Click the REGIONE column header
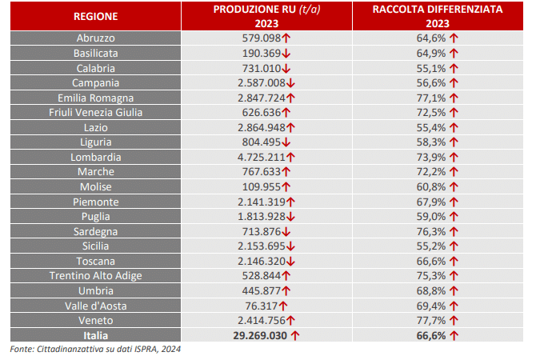click(95, 16)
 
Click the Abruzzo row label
click(95, 38)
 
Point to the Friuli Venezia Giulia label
click(95, 112)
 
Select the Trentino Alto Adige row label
click(95, 276)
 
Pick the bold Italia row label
click(95, 336)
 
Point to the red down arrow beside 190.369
click(286, 53)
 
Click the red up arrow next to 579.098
click(286, 38)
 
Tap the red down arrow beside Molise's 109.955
click(286, 186)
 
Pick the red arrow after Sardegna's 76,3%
click(454, 231)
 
